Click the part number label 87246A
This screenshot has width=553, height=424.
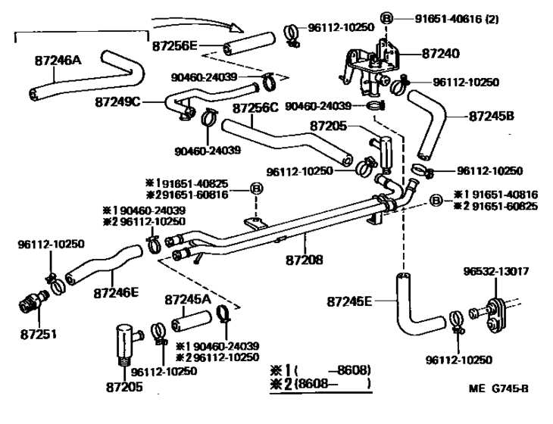58,57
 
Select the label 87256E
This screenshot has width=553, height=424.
175,45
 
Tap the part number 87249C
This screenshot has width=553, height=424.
118,101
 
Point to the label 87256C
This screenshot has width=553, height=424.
257,109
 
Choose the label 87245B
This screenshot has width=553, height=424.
492,117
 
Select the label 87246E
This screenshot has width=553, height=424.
117,291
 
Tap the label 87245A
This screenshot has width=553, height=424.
188,299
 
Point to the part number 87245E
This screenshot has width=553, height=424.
350,301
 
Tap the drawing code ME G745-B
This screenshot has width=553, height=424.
498,389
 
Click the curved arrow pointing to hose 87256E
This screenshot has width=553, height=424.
201,18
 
